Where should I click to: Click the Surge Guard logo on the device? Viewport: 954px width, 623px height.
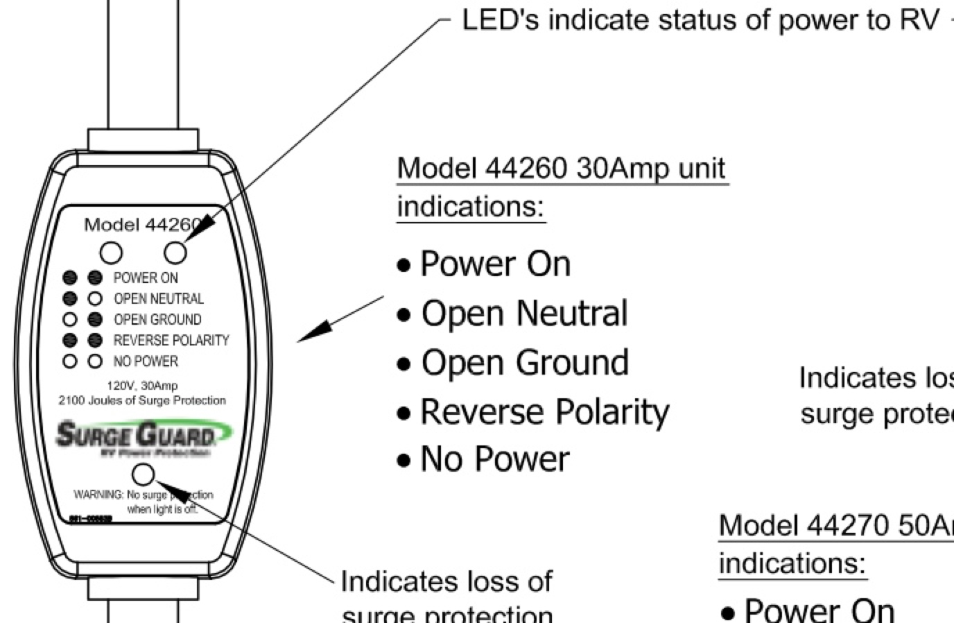pyautogui.click(x=143, y=436)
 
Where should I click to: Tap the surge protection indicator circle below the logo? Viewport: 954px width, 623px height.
pyautogui.click(x=144, y=475)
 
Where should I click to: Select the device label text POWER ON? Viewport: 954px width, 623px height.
pyautogui.click(x=146, y=278)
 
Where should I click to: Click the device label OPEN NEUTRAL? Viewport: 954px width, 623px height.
pyautogui.click(x=159, y=299)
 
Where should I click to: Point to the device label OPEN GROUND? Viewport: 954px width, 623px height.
pyautogui.click(x=157, y=320)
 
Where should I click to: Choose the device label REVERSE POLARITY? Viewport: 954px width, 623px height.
pyautogui.click(x=171, y=341)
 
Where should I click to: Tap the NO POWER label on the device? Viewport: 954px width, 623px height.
pyautogui.click(x=146, y=361)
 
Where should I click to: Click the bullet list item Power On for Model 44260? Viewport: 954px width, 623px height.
pyautogui.click(x=495, y=264)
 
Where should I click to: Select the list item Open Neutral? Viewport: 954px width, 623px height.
pyautogui.click(x=524, y=314)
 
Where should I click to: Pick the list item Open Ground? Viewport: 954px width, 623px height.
pyautogui.click(x=525, y=363)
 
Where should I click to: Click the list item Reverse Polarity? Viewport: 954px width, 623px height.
pyautogui.click(x=544, y=412)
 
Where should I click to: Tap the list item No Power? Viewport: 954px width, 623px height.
pyautogui.click(x=495, y=459)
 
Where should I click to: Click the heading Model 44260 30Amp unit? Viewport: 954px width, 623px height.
pyautogui.click(x=562, y=169)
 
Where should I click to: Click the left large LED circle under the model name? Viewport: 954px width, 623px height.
pyautogui.click(x=111, y=253)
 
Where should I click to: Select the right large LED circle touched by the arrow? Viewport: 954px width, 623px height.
pyautogui.click(x=175, y=253)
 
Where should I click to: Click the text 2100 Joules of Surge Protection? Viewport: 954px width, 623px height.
pyautogui.click(x=142, y=400)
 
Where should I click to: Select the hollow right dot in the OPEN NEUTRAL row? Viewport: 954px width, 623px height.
pyautogui.click(x=96, y=299)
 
